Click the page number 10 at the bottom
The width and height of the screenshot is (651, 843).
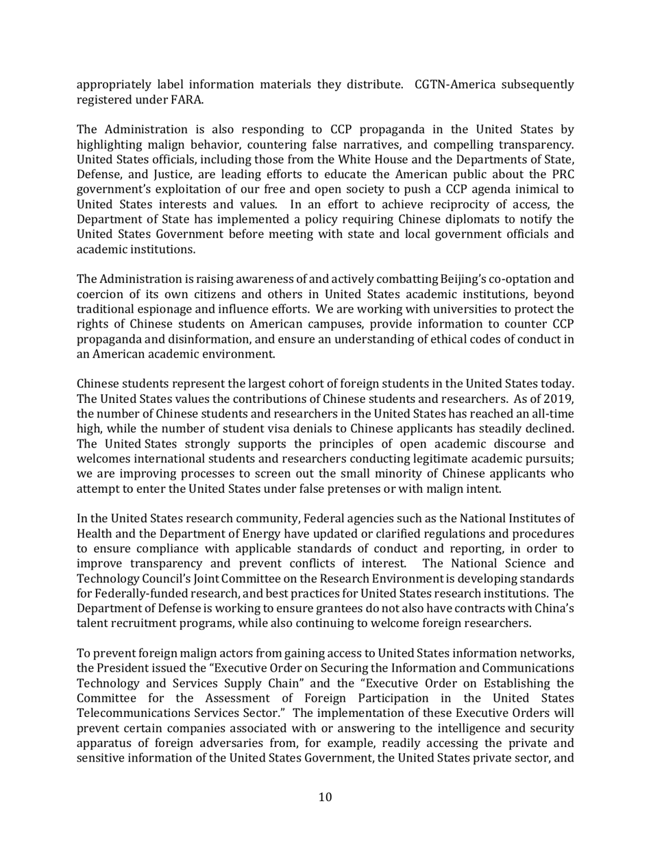tap(325, 797)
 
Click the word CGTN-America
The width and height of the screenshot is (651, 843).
tap(454, 85)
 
